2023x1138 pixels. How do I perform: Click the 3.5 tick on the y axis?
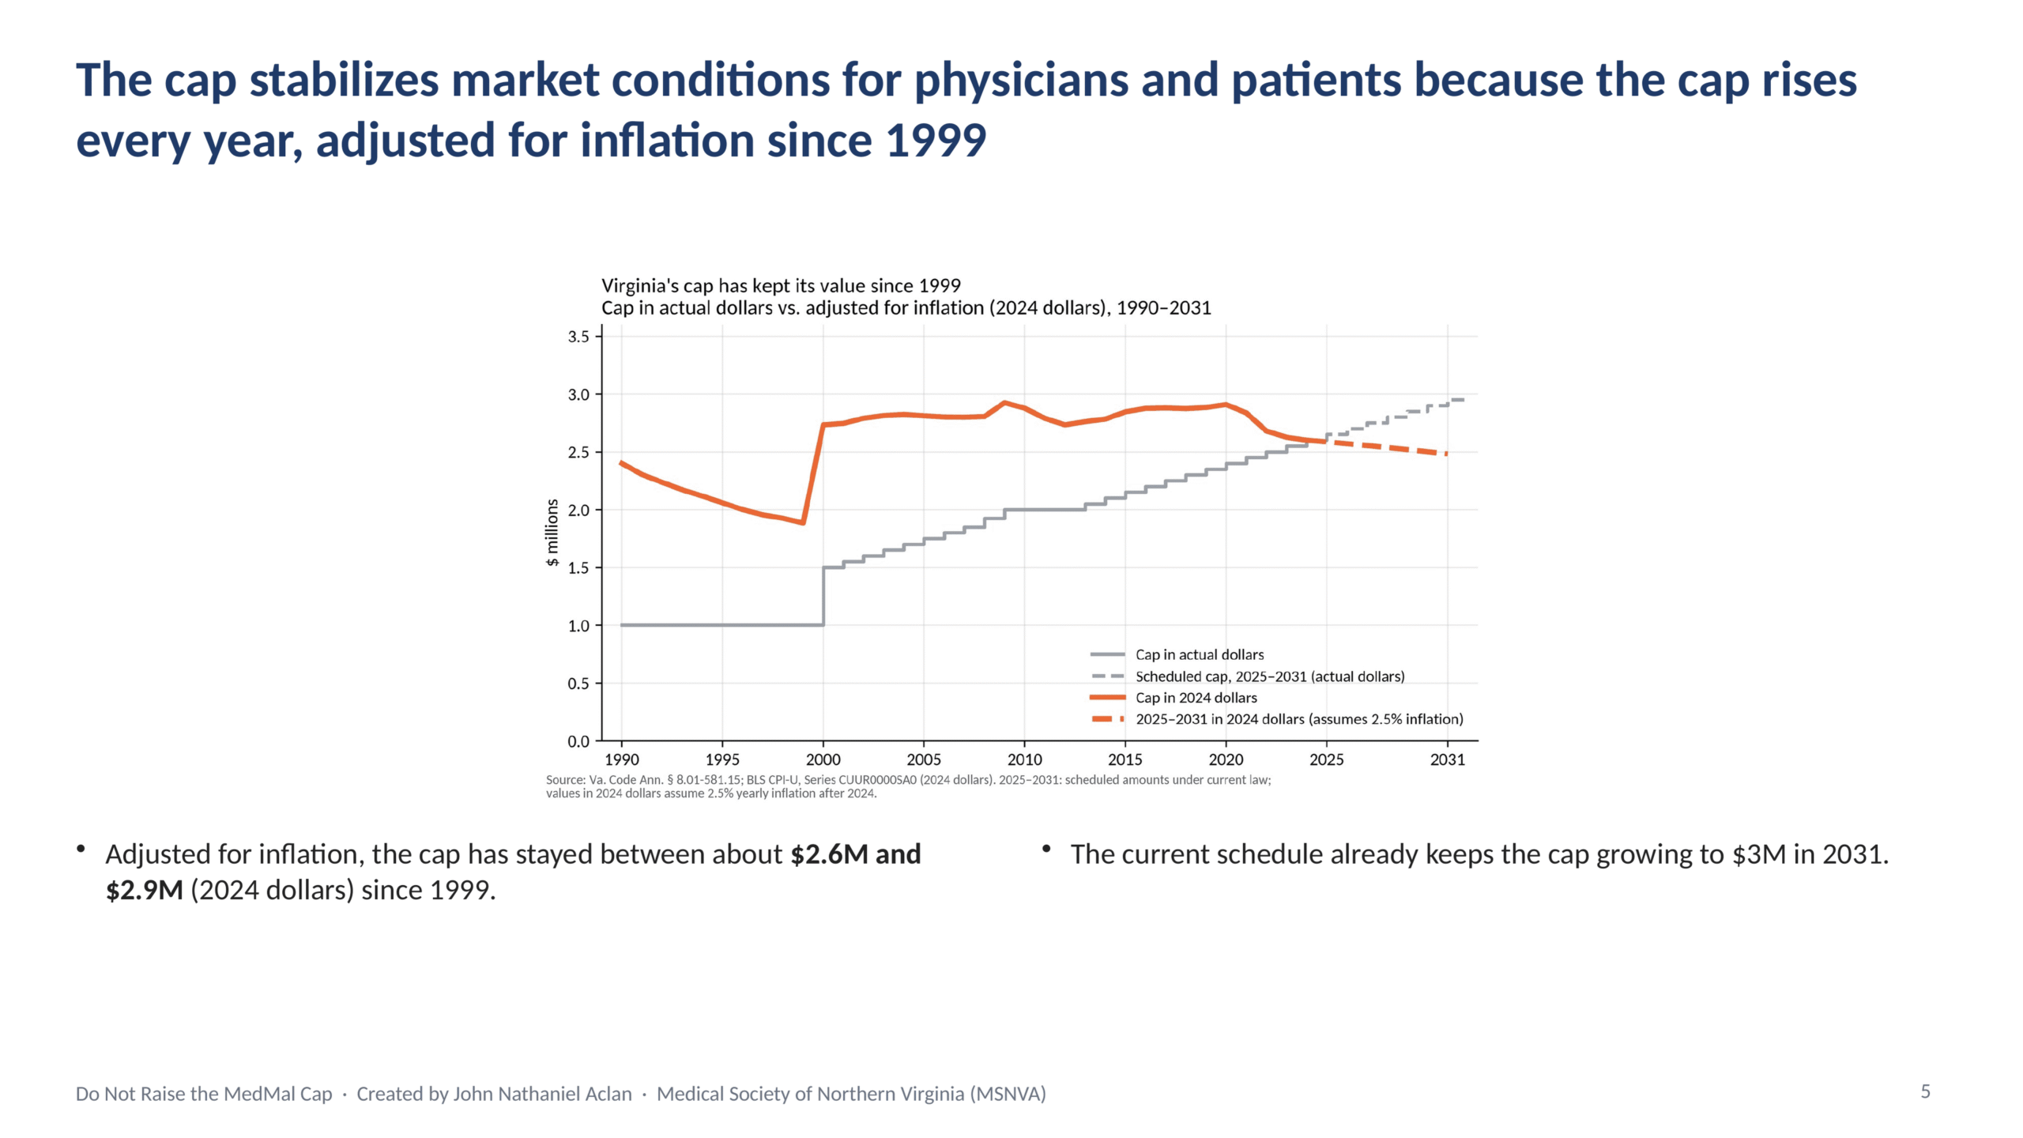click(x=578, y=337)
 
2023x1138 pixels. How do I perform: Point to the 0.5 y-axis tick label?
click(x=578, y=684)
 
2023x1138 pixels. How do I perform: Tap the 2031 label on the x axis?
click(x=1447, y=759)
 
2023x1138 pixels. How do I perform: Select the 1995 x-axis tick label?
click(x=722, y=759)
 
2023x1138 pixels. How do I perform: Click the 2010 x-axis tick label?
click(x=1024, y=759)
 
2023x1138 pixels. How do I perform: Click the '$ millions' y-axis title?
click(x=552, y=533)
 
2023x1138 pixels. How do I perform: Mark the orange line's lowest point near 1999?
click(x=803, y=522)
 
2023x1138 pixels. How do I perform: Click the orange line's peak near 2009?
click(x=1004, y=403)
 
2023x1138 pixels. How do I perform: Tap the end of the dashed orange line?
click(x=1447, y=454)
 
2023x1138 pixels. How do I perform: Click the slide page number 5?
click(x=1926, y=1091)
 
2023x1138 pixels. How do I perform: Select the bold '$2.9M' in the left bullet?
click(x=145, y=890)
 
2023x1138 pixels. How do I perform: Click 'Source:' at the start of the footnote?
click(x=566, y=780)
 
